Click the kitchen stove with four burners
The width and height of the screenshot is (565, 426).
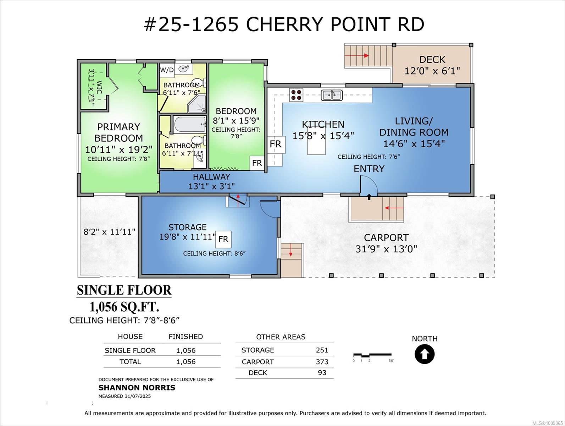[296, 95]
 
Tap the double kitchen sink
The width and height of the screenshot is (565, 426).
[332, 95]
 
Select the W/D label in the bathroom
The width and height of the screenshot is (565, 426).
[167, 70]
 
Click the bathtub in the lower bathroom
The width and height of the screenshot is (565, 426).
[190, 125]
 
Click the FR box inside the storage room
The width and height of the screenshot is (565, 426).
[223, 239]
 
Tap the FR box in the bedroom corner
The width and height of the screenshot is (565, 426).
[257, 163]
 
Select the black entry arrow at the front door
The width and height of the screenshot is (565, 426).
[369, 197]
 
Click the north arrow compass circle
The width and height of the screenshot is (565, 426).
[425, 354]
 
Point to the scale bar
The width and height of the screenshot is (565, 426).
[372, 355]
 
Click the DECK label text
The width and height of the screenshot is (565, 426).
[432, 60]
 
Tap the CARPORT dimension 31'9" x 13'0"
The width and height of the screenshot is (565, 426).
[386, 249]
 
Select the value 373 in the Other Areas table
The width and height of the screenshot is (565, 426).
[322, 362]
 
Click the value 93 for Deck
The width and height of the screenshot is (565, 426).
[322, 373]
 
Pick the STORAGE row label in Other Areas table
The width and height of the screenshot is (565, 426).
[257, 350]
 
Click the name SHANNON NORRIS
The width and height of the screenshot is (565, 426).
[137, 388]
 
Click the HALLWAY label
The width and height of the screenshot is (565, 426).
[212, 177]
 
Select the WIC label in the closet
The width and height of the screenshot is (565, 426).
[99, 87]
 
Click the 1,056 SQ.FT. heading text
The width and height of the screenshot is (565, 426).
[124, 307]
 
